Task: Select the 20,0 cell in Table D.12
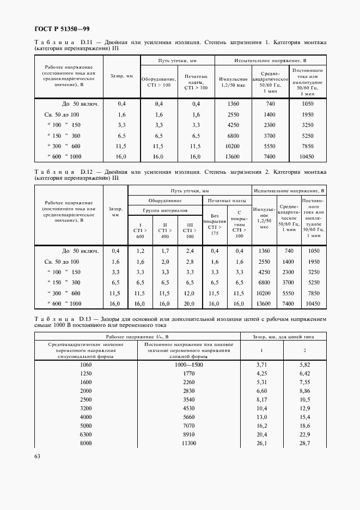(189, 303)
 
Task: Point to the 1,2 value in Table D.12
(140, 251)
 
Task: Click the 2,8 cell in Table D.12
(189, 262)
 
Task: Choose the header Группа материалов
(165, 210)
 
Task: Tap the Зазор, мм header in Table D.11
(121, 76)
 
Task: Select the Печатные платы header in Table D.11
(196, 82)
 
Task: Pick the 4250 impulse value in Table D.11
(233, 125)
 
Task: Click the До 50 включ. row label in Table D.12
(80, 251)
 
